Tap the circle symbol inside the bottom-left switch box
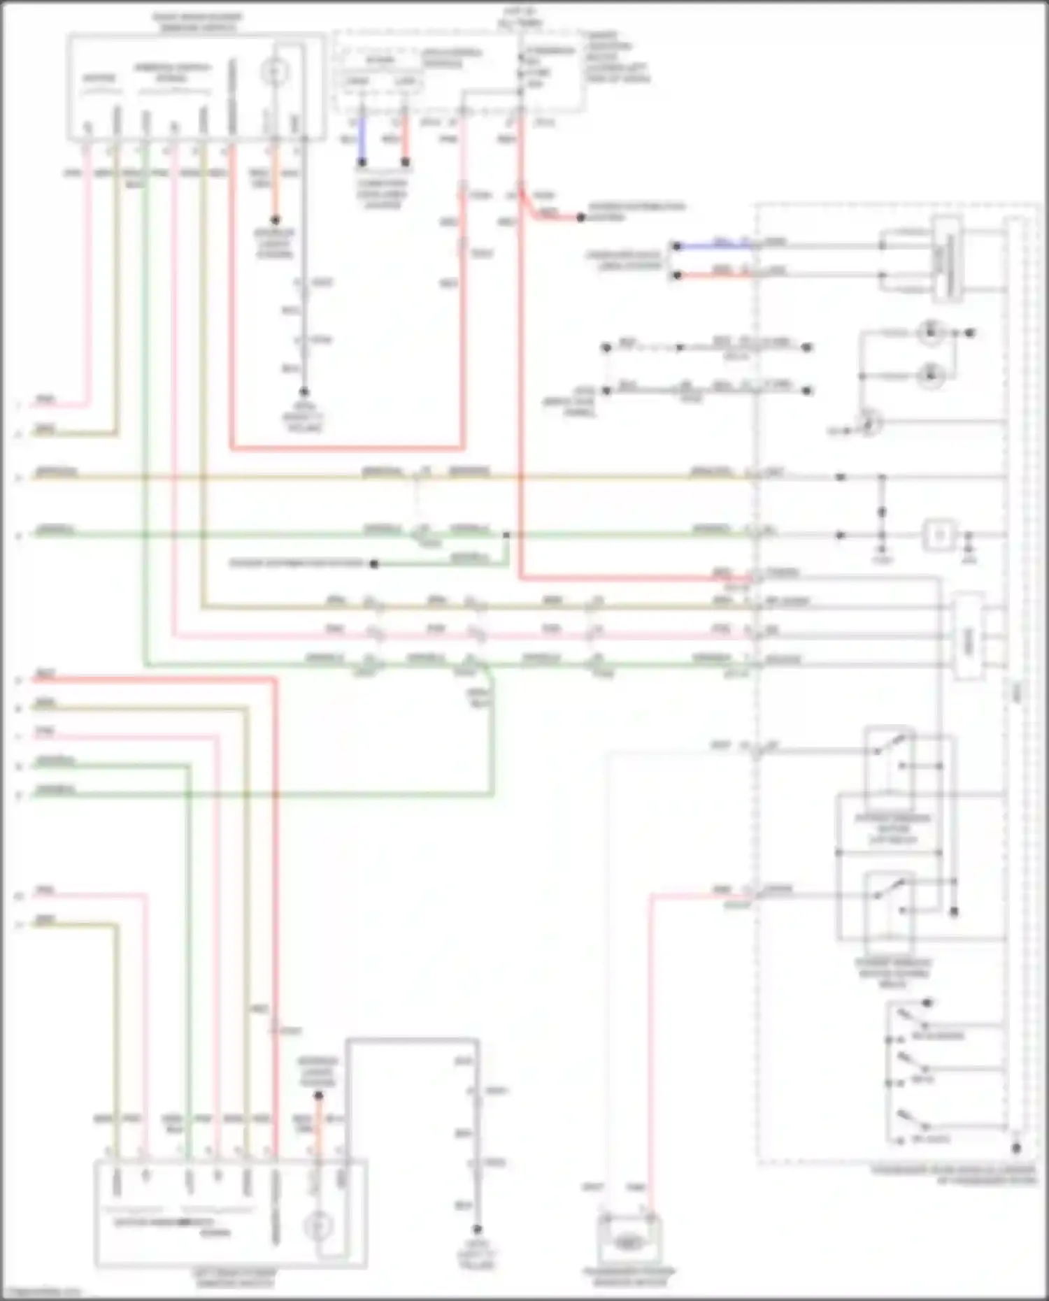click(318, 1225)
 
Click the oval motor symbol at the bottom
click(628, 1242)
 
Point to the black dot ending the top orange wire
click(275, 220)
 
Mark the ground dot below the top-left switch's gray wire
click(304, 393)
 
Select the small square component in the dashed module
click(939, 536)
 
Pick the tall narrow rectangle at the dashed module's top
click(946, 259)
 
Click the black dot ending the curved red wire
click(580, 218)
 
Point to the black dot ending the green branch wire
click(374, 563)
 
